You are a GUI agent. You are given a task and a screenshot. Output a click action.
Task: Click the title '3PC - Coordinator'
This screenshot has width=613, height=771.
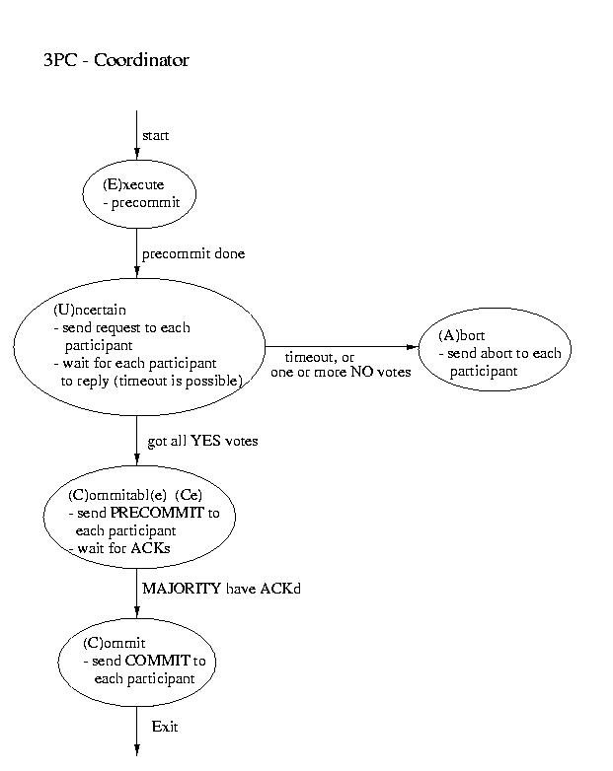pyautogui.click(x=116, y=60)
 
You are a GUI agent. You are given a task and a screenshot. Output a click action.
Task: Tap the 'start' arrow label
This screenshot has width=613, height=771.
pyautogui.click(x=156, y=136)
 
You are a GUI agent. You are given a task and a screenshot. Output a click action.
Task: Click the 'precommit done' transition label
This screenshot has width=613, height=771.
pyautogui.click(x=193, y=253)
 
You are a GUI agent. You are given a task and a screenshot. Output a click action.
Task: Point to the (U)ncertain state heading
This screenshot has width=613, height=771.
pyautogui.click(x=90, y=310)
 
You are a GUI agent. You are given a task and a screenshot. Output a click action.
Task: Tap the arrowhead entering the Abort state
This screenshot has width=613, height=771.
pyautogui.click(x=413, y=347)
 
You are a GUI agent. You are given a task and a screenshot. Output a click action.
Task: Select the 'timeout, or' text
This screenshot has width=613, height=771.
pyautogui.click(x=320, y=357)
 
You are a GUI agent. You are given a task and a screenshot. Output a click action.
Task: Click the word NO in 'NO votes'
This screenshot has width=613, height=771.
pyautogui.click(x=362, y=372)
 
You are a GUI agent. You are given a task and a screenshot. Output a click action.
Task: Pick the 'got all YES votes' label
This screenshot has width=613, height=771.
pyautogui.click(x=202, y=441)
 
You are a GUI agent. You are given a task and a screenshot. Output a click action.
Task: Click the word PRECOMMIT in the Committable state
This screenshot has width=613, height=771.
pyautogui.click(x=157, y=513)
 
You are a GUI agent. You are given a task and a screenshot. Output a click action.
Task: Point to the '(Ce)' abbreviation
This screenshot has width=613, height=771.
pyautogui.click(x=189, y=495)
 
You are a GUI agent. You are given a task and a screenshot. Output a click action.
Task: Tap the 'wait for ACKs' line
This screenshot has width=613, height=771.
pyautogui.click(x=123, y=548)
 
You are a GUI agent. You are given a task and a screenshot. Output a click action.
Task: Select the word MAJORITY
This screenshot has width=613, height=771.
pyautogui.click(x=182, y=589)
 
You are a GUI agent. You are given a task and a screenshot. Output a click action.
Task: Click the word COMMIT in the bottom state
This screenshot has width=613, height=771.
pyautogui.click(x=158, y=661)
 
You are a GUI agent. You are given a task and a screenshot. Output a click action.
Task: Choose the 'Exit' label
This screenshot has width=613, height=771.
pyautogui.click(x=165, y=727)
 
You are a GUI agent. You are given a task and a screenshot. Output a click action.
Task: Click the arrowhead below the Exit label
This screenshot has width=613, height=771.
pyautogui.click(x=137, y=750)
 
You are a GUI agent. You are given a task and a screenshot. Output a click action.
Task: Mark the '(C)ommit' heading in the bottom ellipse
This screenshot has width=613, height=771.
pyautogui.click(x=115, y=643)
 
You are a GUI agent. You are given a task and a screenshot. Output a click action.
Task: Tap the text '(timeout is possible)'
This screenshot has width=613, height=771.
pyautogui.click(x=179, y=382)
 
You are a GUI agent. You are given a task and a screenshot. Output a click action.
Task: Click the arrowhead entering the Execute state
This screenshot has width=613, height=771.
pyautogui.click(x=137, y=154)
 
